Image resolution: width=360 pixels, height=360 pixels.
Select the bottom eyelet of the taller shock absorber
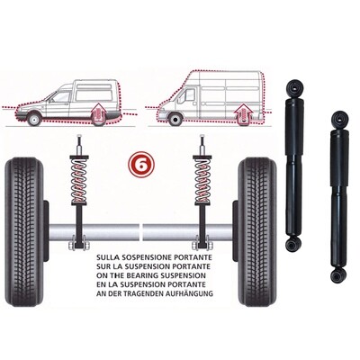point(293,244)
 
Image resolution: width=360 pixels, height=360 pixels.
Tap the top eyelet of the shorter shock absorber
point(339,117)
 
